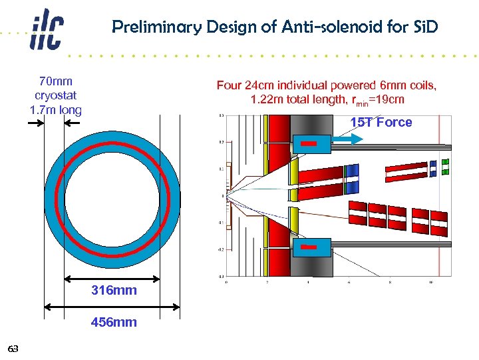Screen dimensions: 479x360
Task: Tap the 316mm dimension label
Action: (x=114, y=291)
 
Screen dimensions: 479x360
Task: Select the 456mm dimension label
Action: (x=114, y=323)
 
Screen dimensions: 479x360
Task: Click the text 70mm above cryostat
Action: (x=55, y=82)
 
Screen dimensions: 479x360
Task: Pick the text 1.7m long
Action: (x=55, y=110)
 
